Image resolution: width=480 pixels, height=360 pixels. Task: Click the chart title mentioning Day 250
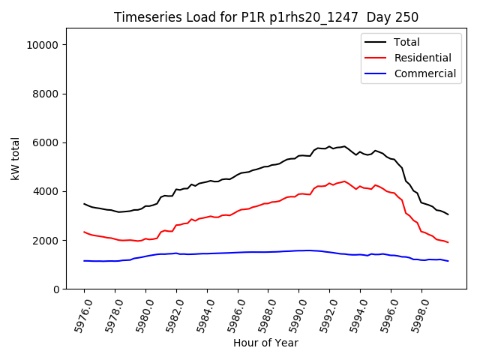266,17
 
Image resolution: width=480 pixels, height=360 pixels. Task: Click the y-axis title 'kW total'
15,158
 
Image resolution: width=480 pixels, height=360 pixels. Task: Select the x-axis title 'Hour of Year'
265,343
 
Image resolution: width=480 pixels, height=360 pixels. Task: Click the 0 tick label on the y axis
57,289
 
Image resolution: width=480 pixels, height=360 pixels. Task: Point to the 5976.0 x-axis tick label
76,313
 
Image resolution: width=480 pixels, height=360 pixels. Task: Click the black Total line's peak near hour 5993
344,146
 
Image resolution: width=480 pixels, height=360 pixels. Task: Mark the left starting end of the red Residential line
84,232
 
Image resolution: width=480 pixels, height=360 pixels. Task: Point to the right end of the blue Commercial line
448,261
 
